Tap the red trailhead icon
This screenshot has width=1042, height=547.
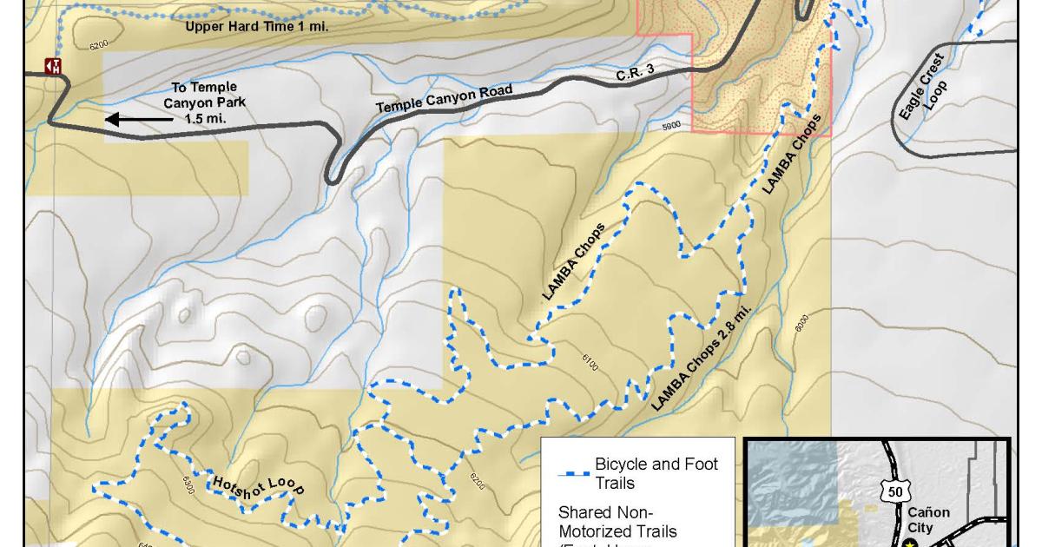[x=53, y=66]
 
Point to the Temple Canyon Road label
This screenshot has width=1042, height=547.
[x=444, y=98]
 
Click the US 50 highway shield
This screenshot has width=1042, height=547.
[x=895, y=491]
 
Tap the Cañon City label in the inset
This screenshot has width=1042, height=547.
[x=928, y=519]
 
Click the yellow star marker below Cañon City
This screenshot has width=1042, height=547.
[x=909, y=544]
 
